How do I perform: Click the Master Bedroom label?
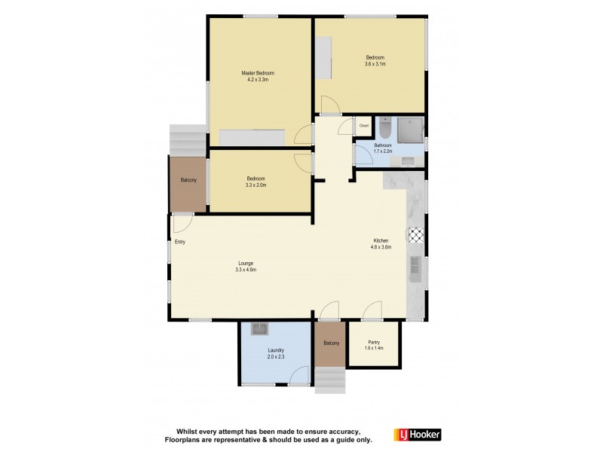point(258,73)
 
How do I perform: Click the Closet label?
point(363,126)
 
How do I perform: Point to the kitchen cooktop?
point(415,234)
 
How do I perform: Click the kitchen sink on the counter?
point(415,266)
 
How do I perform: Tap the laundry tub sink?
point(259,328)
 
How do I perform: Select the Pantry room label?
point(374,343)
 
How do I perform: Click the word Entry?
point(180,242)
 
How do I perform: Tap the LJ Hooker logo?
point(417,435)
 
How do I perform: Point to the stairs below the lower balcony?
point(329,379)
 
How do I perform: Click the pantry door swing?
point(372,311)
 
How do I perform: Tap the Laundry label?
point(275,350)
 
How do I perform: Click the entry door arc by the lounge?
point(182,223)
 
